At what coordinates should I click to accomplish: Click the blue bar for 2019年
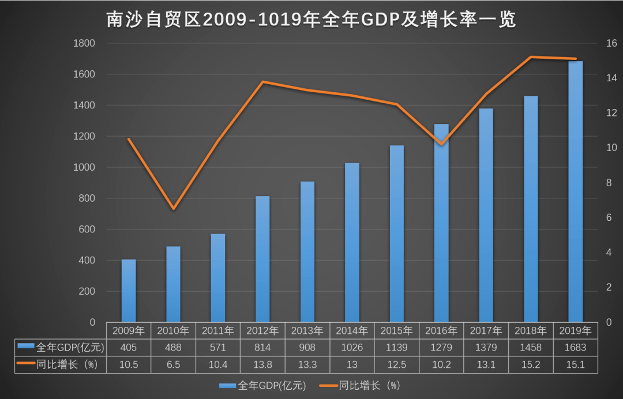click(575, 191)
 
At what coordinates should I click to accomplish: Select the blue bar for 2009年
click(129, 291)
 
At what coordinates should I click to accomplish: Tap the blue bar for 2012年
click(262, 259)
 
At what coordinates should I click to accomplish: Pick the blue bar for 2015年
click(397, 234)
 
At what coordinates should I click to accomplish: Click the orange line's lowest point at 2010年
click(173, 208)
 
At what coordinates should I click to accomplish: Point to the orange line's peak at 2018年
click(531, 57)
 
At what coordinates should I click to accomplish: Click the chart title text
click(311, 20)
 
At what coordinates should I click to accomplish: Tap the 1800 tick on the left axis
click(84, 43)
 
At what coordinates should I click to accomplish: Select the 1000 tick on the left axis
click(84, 167)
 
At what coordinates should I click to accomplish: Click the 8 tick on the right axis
click(609, 183)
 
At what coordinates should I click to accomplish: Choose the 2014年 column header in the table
click(352, 331)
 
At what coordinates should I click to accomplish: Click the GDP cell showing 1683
click(575, 348)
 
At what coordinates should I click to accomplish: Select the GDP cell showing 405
click(129, 348)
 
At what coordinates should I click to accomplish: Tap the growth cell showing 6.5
click(173, 364)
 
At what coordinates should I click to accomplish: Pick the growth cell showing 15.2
click(531, 364)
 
